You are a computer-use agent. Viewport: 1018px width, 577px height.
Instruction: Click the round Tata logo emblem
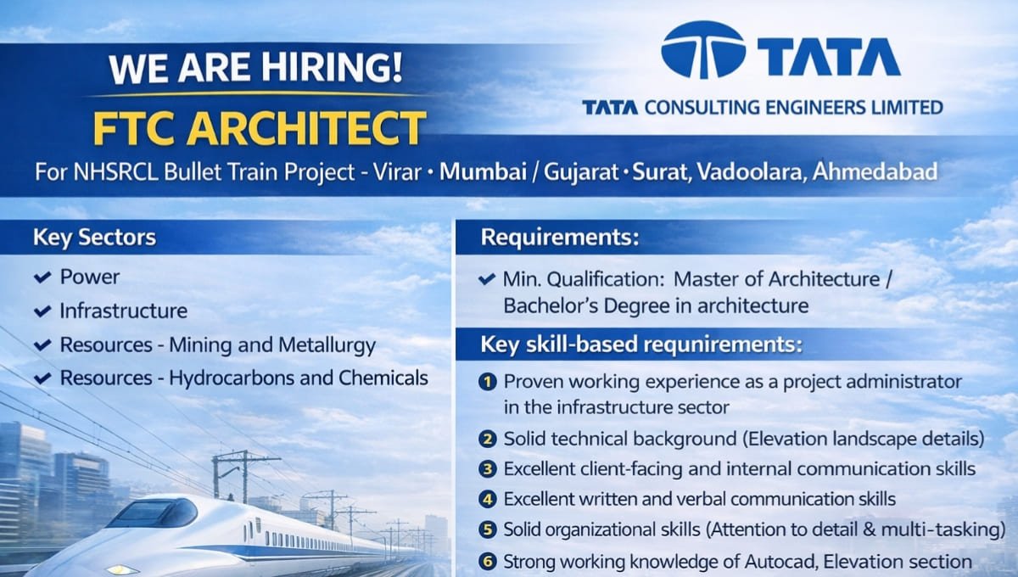702,51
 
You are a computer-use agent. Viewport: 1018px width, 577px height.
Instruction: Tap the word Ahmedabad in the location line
875,172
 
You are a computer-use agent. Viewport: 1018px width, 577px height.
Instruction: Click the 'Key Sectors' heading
94,238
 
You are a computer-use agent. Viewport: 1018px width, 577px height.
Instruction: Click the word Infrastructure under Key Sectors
123,311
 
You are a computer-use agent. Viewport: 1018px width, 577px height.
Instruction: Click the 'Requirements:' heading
560,238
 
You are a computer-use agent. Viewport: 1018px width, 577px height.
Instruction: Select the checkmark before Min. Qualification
487,278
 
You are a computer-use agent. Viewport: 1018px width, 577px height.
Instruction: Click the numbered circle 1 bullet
487,382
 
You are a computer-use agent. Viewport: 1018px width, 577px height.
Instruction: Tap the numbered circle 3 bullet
487,468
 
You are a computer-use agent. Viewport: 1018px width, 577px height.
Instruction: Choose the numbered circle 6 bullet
487,561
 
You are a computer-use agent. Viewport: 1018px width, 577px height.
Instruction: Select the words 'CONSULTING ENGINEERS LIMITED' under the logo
793,108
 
